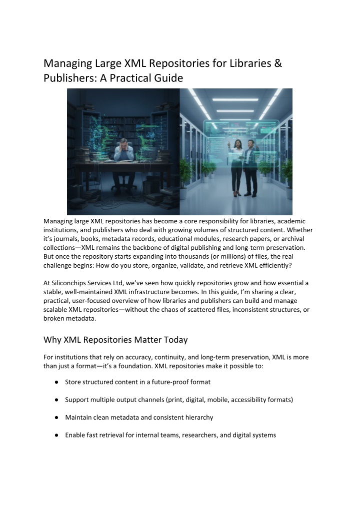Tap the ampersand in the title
[278, 63]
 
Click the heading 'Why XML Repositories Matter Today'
[115, 340]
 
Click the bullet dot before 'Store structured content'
[58, 382]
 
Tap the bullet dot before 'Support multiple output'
[58, 400]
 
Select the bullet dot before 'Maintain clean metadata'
[58, 418]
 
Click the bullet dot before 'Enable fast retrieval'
[58, 435]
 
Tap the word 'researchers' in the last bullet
[191, 435]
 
